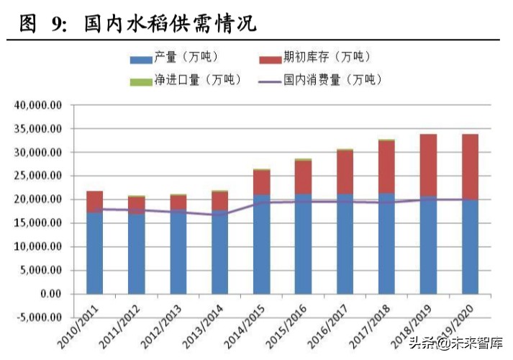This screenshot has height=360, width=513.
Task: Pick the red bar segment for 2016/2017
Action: tap(345, 172)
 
